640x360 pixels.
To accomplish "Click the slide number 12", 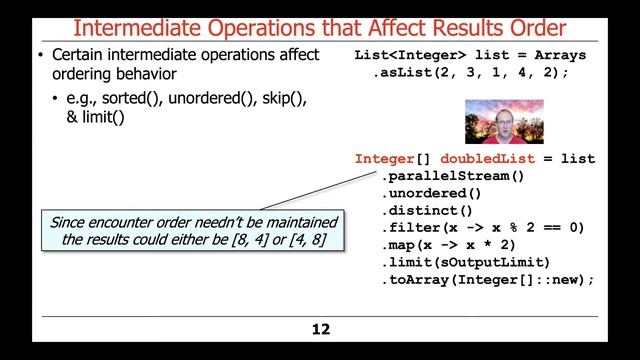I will click(x=320, y=329).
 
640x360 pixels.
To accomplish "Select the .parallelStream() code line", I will click(x=452, y=176).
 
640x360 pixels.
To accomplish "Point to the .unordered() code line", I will click(x=431, y=193).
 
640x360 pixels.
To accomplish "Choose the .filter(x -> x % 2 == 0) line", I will click(x=482, y=228).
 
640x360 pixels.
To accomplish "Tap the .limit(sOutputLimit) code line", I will click(x=465, y=262).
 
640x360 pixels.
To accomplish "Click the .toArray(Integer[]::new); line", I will click(x=486, y=280).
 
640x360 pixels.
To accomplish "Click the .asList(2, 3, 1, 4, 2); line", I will click(x=470, y=73).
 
